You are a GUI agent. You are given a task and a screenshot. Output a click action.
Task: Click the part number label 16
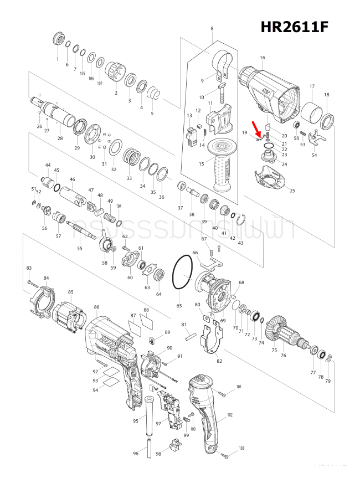tap(263, 58)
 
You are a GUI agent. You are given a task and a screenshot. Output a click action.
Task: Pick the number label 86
tap(97, 307)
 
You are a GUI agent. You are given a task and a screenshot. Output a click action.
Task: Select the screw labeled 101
tap(222, 394)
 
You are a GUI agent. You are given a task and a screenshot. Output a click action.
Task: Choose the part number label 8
tap(212, 28)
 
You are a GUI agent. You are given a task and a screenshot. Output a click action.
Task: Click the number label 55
tap(80, 249)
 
